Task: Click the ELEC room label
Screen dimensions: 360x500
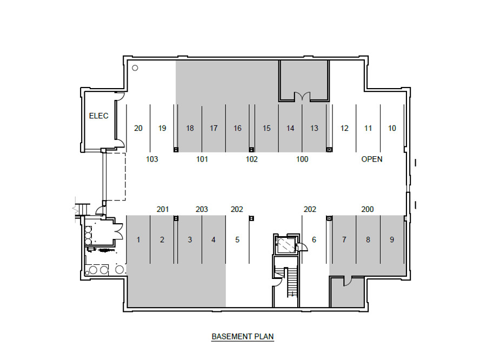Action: (98, 116)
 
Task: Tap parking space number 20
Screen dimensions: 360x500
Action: (138, 129)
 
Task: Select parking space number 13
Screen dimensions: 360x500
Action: (314, 129)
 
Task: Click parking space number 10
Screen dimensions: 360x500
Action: (392, 129)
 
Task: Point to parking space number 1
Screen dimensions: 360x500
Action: (138, 239)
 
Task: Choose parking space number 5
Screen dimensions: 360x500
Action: (237, 239)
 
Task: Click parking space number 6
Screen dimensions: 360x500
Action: (314, 239)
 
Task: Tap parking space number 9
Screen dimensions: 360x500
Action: (392, 239)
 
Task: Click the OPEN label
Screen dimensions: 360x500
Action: (372, 159)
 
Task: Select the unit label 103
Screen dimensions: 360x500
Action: (152, 159)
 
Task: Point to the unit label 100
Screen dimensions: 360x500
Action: (302, 159)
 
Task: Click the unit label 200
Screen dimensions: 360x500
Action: (368, 209)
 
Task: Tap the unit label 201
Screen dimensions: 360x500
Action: (163, 209)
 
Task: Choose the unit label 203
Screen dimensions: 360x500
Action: (202, 209)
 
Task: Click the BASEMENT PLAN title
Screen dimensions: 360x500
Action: (243, 337)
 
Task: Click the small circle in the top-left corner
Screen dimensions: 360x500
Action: (135, 68)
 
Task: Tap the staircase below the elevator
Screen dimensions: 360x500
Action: (292, 283)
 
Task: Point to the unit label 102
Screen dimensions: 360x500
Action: (251, 159)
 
